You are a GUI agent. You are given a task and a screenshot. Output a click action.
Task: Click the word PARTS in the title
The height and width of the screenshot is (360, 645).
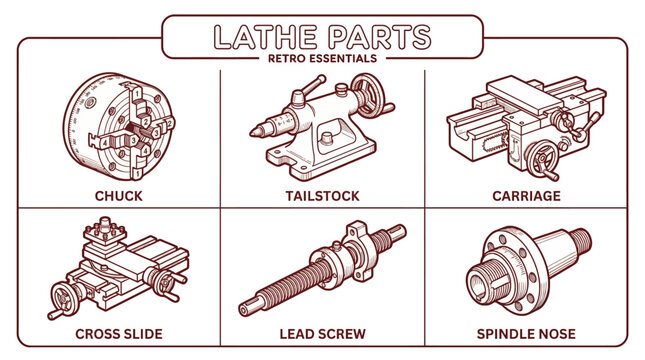380,36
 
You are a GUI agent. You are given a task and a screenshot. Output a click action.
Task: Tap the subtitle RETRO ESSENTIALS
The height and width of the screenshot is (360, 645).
322,59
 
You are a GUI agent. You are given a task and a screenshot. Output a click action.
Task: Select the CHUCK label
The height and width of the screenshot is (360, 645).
118,196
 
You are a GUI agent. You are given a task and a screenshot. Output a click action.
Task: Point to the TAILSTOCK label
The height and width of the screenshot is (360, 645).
323,196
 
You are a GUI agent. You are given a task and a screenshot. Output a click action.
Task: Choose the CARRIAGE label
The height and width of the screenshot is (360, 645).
527,196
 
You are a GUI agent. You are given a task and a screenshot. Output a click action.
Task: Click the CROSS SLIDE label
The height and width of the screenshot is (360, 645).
118,333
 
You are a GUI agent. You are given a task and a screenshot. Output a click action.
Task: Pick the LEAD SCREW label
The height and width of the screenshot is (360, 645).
323,333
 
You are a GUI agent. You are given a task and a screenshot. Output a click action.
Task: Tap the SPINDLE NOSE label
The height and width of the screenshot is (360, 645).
527,333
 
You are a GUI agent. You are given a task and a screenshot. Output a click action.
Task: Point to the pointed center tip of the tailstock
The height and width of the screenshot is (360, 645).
254,130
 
